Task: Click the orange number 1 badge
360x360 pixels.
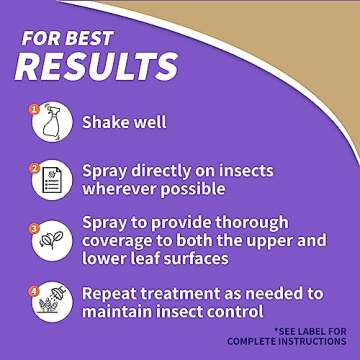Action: click(32, 108)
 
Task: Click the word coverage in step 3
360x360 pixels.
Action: click(126, 240)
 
